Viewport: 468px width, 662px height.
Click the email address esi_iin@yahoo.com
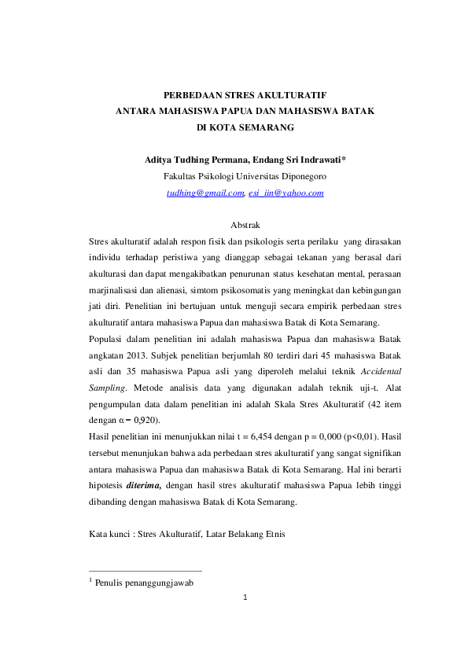click(x=286, y=193)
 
